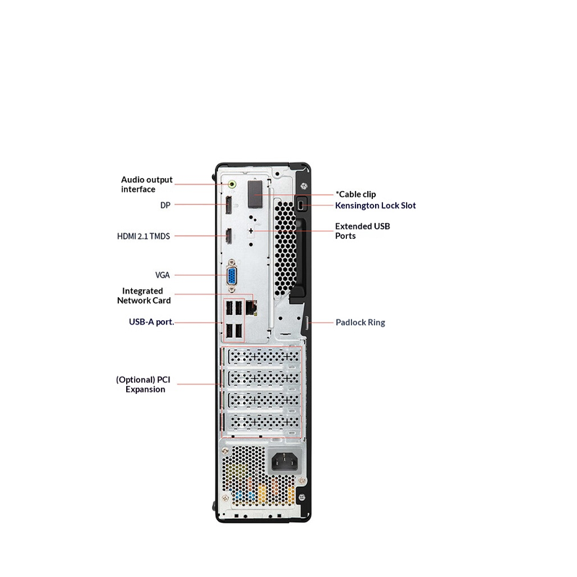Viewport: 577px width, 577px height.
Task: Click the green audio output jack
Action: click(x=232, y=184)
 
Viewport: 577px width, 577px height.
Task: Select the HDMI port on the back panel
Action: click(x=227, y=236)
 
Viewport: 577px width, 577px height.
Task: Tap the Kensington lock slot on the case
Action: click(x=301, y=206)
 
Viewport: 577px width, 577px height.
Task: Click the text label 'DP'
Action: click(x=165, y=206)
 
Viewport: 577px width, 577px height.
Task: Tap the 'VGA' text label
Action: click(x=162, y=275)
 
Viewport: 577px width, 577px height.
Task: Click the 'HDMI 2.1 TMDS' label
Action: click(x=144, y=236)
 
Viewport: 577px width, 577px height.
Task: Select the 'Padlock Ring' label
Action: click(x=360, y=322)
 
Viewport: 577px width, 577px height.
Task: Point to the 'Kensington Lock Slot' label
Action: click(x=375, y=206)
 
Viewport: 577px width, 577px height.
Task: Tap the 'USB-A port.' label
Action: click(x=151, y=322)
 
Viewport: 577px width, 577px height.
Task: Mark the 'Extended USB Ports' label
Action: click(x=362, y=231)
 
